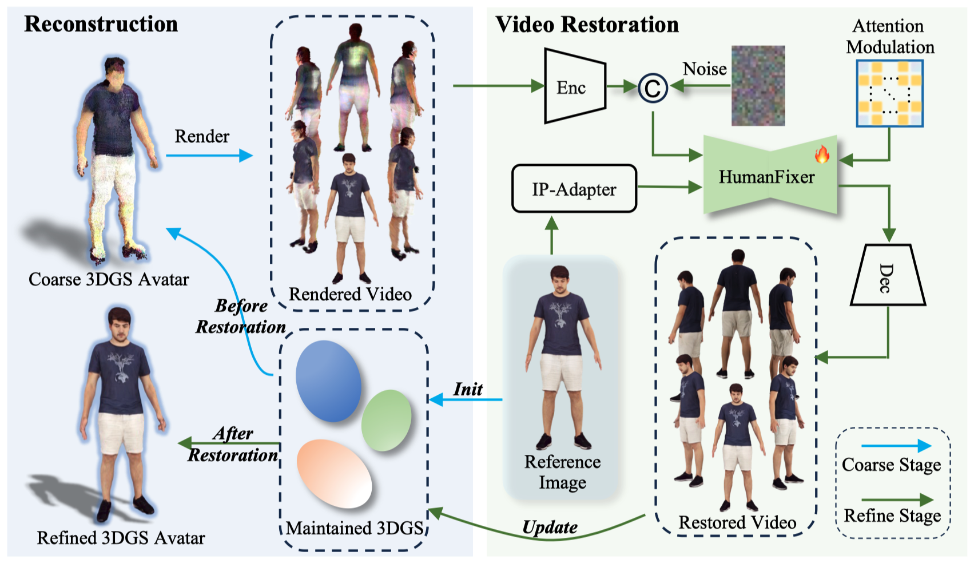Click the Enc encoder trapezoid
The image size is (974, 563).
575,86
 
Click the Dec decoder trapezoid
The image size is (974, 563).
888,275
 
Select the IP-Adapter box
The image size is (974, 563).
574,188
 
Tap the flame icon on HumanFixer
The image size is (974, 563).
822,154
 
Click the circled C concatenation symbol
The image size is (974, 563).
653,88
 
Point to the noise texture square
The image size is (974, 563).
758,86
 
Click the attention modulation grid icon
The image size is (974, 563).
890,93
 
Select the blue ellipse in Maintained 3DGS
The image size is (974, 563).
328,380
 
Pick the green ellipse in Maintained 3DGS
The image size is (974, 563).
387,420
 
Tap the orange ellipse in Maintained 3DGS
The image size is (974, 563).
334,473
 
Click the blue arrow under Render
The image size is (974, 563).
209,155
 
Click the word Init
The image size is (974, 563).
468,389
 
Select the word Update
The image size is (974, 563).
550,528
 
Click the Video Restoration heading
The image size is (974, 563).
587,24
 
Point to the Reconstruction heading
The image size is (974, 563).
101,23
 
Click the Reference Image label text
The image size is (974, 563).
562,472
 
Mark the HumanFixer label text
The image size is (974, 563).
766,177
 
